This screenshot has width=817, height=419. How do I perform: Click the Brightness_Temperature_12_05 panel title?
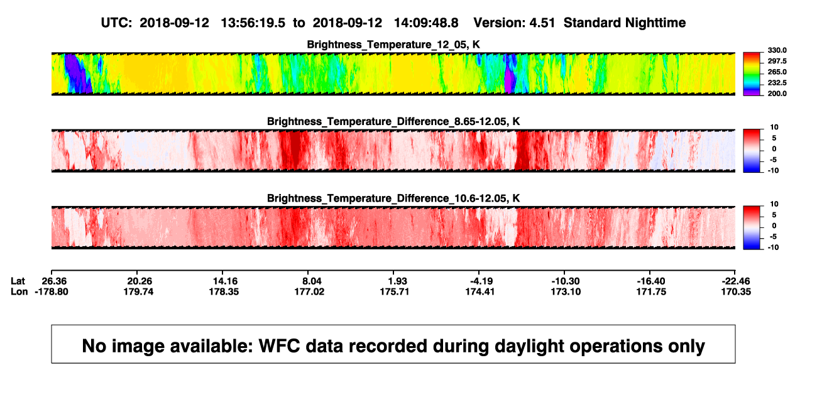(393, 45)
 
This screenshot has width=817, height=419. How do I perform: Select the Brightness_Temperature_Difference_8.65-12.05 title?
(393, 121)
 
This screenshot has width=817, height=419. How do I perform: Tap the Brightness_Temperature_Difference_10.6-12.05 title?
(393, 199)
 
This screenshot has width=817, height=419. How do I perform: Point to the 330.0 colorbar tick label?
(777, 50)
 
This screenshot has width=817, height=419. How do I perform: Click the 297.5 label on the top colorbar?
(777, 62)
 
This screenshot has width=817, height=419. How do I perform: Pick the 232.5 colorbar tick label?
(777, 83)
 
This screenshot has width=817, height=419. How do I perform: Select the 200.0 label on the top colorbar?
(777, 94)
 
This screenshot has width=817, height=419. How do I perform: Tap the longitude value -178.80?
(52, 291)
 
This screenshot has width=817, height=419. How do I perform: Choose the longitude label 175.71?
(395, 291)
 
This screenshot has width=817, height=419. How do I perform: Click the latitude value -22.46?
(736, 281)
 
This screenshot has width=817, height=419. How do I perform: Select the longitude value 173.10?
(566, 291)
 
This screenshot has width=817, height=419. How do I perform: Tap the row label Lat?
(18, 281)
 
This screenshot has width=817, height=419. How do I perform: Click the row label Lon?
(19, 291)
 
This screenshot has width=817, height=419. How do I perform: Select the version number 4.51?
(542, 23)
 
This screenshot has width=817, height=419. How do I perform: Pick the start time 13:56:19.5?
(253, 23)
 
